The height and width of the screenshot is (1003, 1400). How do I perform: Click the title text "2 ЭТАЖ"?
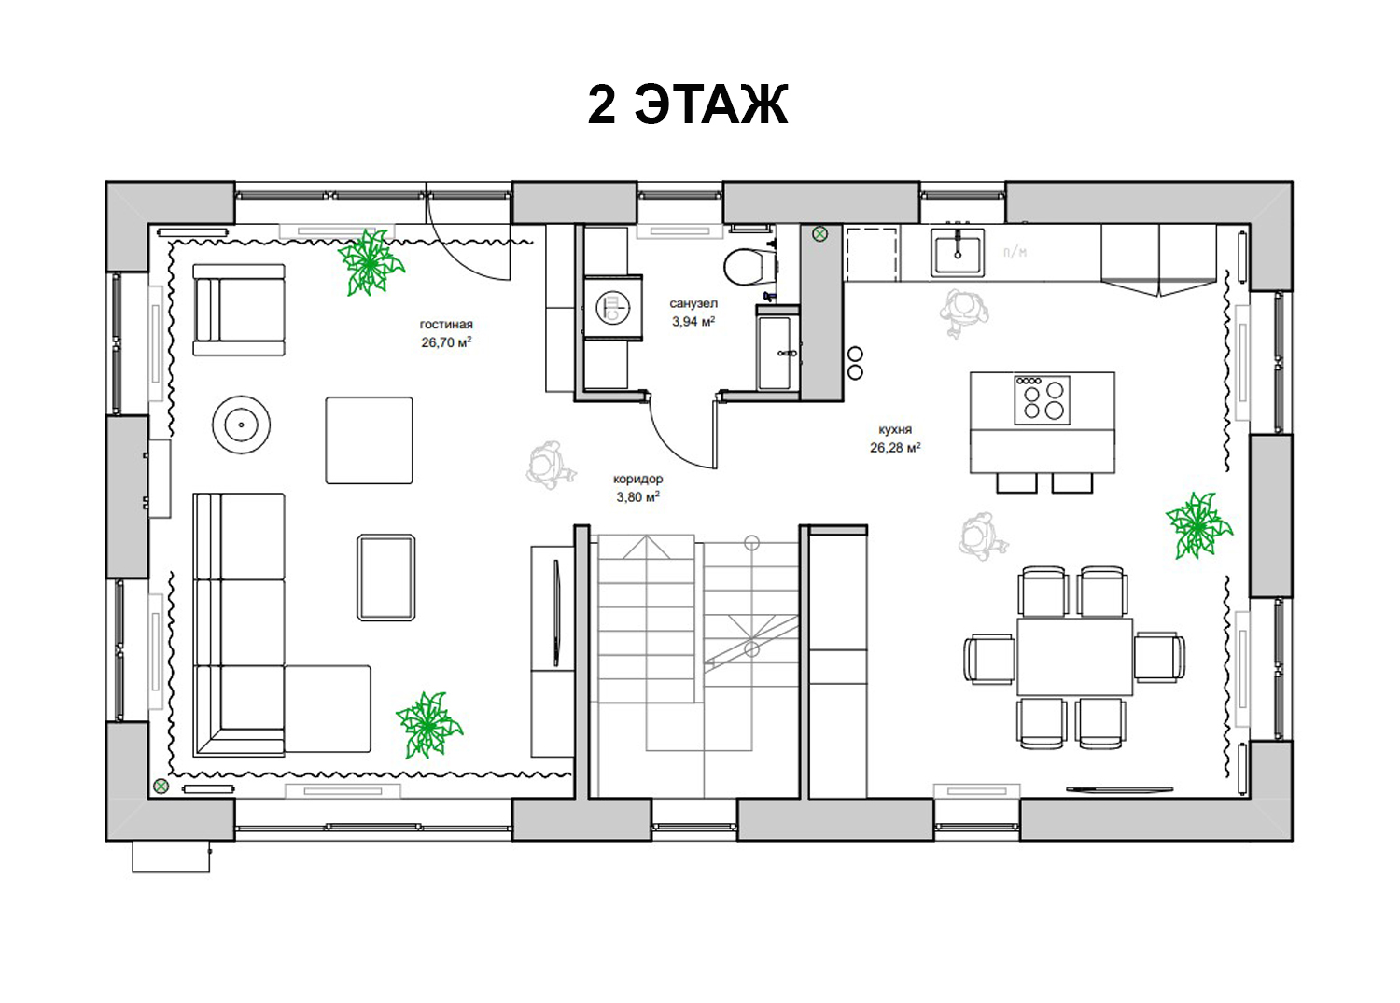pos(688,105)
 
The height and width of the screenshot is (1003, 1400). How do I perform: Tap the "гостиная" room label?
pos(446,325)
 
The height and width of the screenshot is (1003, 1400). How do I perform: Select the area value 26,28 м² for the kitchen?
pos(895,448)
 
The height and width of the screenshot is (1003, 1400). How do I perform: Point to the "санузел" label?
pos(693,304)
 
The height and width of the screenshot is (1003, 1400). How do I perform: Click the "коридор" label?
pos(638,480)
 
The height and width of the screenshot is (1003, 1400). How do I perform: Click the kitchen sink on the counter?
pos(958,252)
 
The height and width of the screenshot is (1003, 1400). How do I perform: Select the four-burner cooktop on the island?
pos(1042,400)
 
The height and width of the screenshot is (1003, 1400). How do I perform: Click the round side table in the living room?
pos(241,425)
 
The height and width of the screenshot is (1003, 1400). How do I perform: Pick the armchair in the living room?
pos(239,310)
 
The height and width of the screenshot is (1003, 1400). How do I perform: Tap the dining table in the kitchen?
pos(1075,656)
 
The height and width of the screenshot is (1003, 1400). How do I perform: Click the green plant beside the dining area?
pos(1198,525)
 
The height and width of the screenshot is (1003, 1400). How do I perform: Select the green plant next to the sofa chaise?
pos(429,725)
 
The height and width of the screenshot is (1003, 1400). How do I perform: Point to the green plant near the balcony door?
pos(371,262)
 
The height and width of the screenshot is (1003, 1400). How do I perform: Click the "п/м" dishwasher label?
pos(1015,252)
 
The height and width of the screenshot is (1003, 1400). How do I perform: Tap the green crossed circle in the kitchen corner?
pos(819,234)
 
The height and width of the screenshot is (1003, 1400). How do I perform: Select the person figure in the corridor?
pos(550,465)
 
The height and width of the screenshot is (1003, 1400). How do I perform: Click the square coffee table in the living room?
pos(369,440)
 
